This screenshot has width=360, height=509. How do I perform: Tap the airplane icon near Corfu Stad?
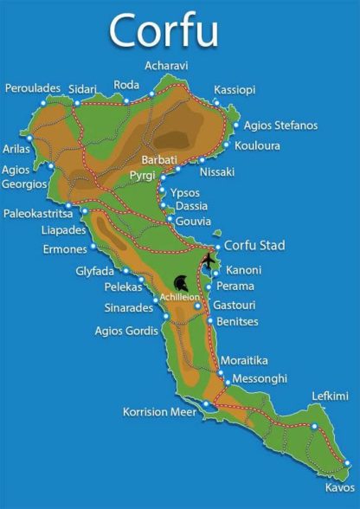pos(209,260)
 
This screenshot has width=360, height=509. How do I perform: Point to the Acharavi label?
pos(167,66)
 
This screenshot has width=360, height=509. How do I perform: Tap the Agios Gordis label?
pos(126,330)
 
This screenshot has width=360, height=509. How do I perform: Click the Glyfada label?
pos(94,271)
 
